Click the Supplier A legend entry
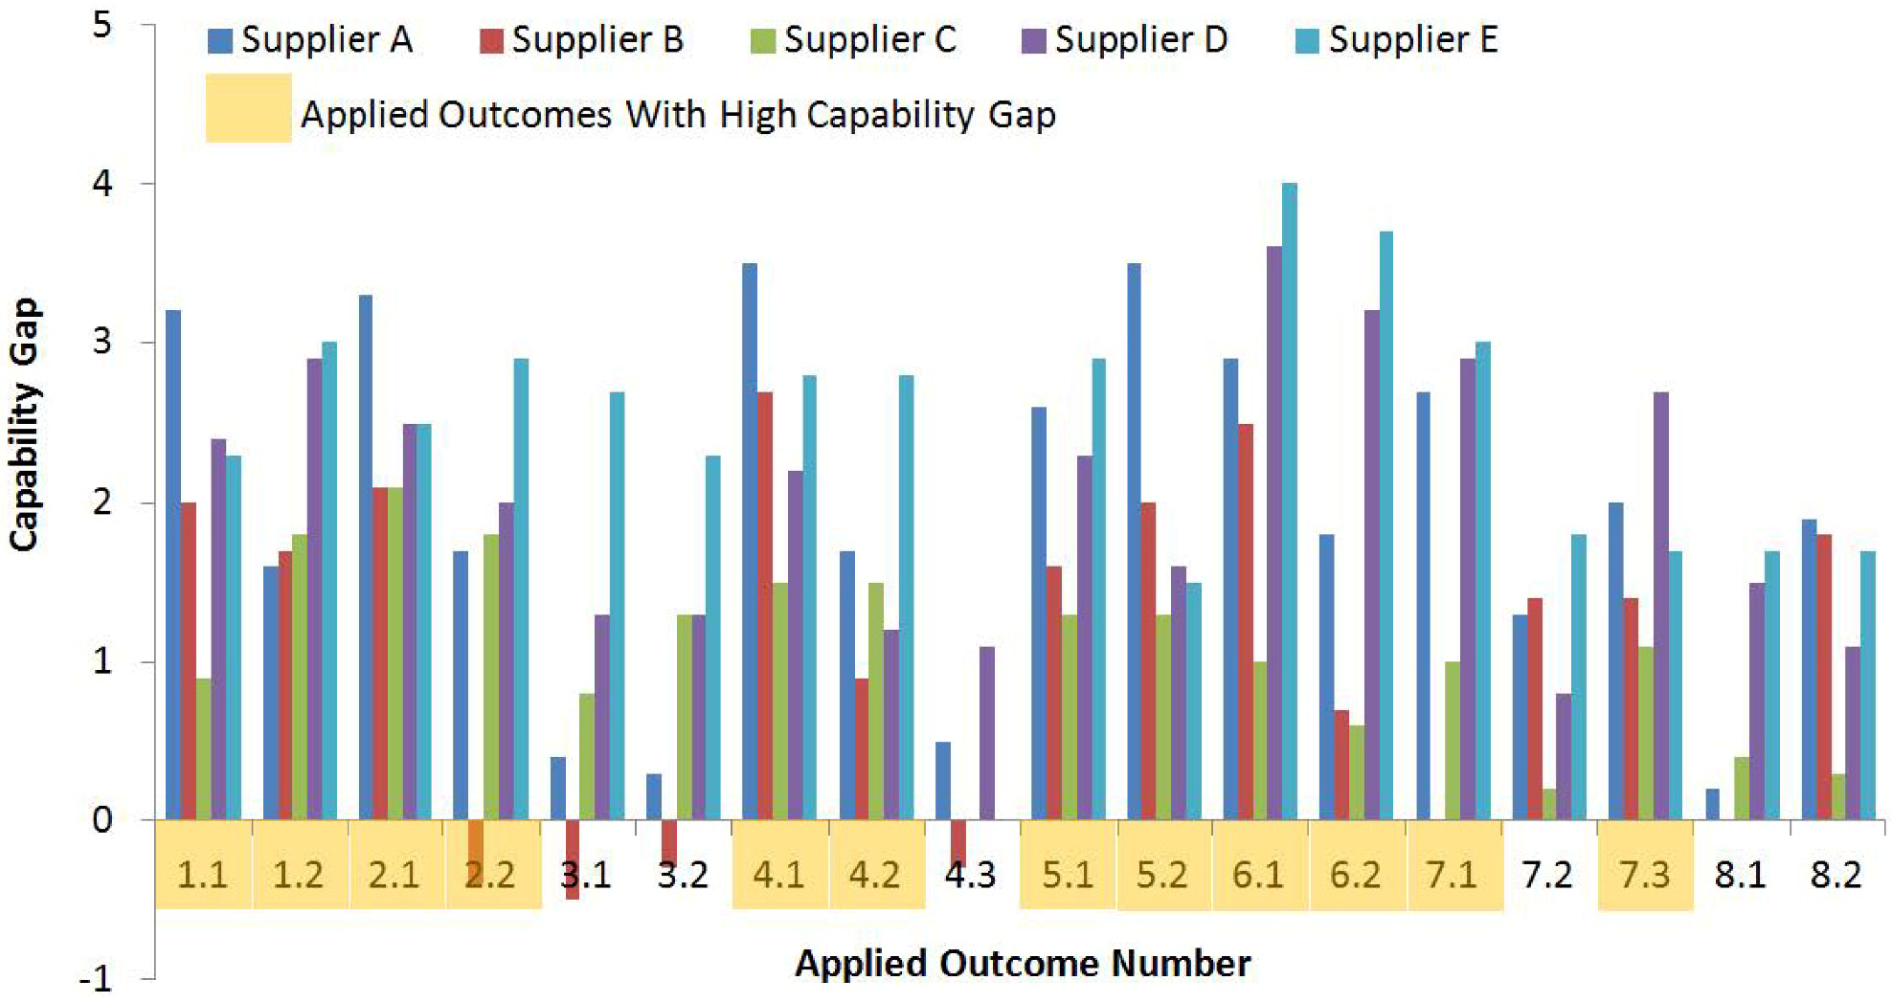pyautogui.click(x=310, y=40)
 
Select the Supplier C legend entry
pyautogui.click(x=854, y=40)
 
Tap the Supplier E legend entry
pyautogui.click(x=1397, y=40)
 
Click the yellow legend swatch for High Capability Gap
pyautogui.click(x=248, y=108)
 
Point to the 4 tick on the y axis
pyautogui.click(x=102, y=182)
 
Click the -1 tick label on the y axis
pyautogui.click(x=96, y=979)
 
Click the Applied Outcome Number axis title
pyautogui.click(x=1022, y=963)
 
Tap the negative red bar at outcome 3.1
pyautogui.click(x=572, y=858)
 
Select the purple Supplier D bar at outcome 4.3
pyautogui.click(x=986, y=732)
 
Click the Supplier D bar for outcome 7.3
pyautogui.click(x=1660, y=605)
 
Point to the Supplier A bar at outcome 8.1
pyautogui.click(x=1712, y=804)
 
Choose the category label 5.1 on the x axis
pyautogui.click(x=1067, y=875)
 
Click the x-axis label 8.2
pyautogui.click(x=1836, y=875)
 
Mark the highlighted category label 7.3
pyautogui.click(x=1644, y=875)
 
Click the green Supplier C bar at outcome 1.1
pyautogui.click(x=203, y=748)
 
